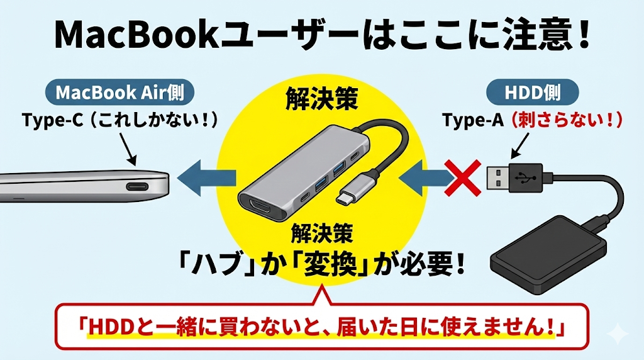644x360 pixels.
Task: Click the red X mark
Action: click(x=465, y=176)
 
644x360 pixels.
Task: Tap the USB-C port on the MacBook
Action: click(x=142, y=187)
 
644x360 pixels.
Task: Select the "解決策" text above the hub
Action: click(x=321, y=99)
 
